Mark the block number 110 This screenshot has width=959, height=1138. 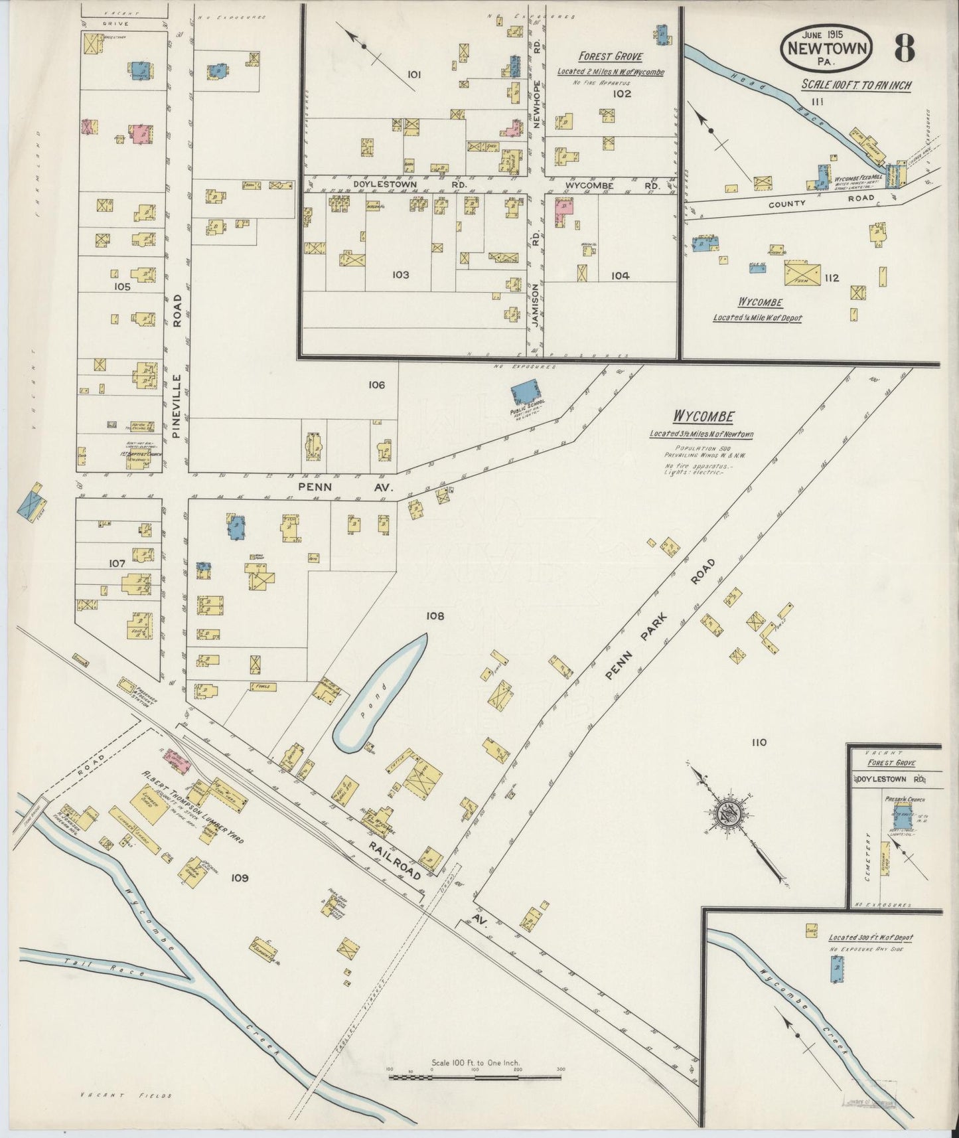click(x=759, y=742)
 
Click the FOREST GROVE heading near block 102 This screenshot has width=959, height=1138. click(x=610, y=56)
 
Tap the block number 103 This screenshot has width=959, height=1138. click(x=400, y=275)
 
